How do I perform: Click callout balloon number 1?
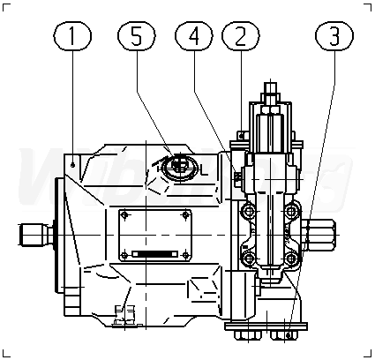click(72, 36)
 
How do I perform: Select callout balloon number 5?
click(136, 36)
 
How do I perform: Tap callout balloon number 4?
click(194, 36)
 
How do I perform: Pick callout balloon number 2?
click(241, 36)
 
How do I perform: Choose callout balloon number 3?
click(334, 36)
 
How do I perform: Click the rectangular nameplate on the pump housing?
click(155, 236)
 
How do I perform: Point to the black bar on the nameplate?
click(154, 253)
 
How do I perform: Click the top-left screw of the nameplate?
click(125, 215)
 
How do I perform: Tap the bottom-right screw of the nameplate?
click(185, 255)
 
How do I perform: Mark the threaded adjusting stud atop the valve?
click(271, 88)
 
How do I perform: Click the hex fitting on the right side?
click(320, 235)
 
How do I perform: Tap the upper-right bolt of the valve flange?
click(291, 211)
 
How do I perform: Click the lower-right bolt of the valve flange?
click(291, 259)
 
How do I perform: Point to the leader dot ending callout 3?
click(289, 335)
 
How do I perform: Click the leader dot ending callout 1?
click(72, 166)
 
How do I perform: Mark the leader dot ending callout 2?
click(242, 136)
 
